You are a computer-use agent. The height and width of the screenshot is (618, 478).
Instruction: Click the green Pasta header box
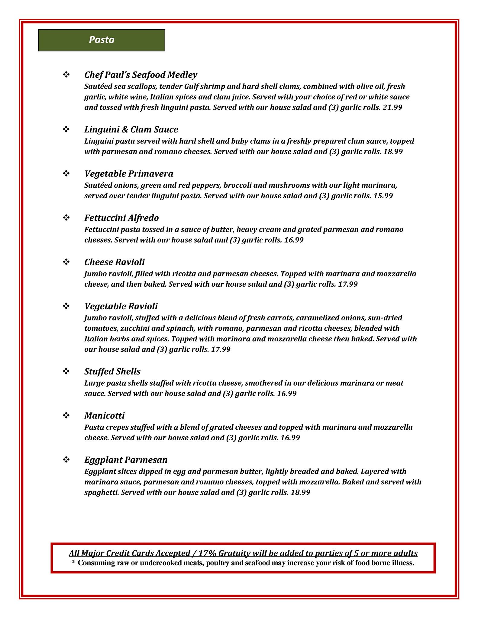click(102, 40)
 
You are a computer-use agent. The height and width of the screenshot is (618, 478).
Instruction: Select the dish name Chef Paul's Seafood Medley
click(140, 75)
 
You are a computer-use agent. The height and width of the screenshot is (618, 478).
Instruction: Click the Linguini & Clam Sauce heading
click(131, 129)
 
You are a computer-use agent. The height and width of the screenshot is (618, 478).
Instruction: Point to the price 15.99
click(383, 196)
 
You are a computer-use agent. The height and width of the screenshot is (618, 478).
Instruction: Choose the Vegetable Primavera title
click(129, 174)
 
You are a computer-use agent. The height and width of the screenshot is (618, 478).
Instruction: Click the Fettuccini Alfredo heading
click(121, 218)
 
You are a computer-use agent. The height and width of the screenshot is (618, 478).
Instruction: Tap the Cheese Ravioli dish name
click(115, 262)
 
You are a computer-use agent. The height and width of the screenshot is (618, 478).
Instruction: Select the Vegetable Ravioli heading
click(121, 306)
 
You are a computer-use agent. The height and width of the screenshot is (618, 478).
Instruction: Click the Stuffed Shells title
click(112, 371)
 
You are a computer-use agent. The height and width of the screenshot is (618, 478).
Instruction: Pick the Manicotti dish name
click(104, 416)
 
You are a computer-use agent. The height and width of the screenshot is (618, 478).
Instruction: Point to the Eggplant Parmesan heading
click(126, 460)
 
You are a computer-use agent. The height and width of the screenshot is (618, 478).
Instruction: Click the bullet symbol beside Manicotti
click(66, 416)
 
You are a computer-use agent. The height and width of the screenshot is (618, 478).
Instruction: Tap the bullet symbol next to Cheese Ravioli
click(66, 262)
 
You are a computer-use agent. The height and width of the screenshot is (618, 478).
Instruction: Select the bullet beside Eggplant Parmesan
click(66, 460)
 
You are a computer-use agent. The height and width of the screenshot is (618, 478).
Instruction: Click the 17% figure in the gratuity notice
click(208, 553)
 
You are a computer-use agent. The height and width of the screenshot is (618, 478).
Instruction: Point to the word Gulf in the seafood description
click(192, 87)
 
